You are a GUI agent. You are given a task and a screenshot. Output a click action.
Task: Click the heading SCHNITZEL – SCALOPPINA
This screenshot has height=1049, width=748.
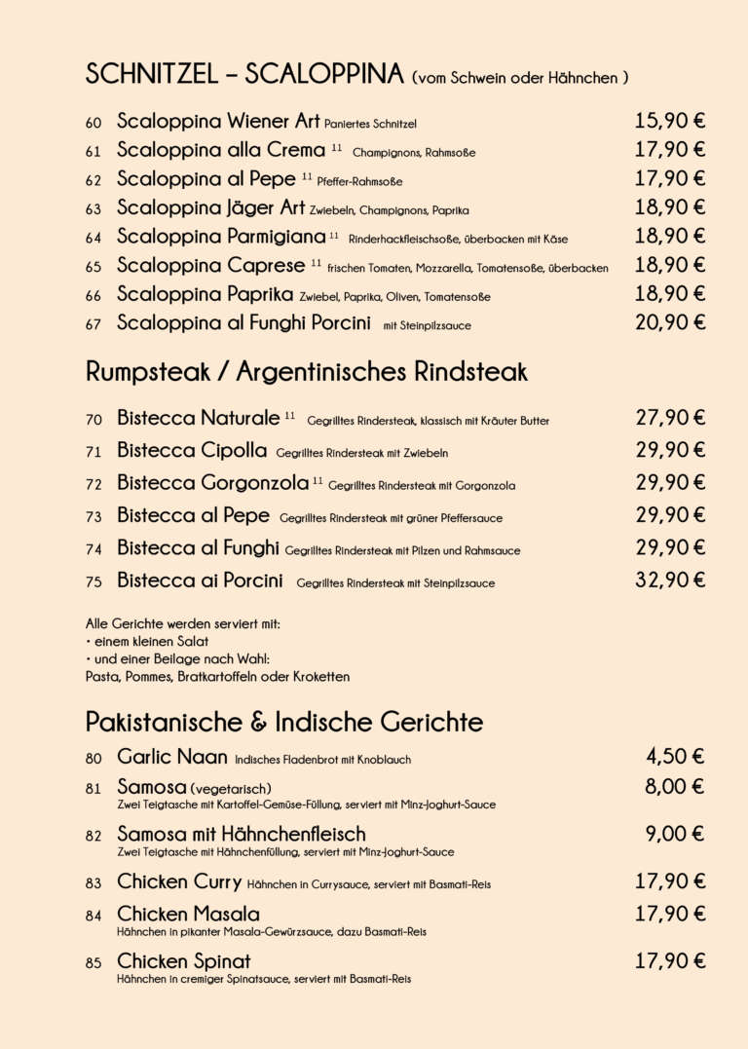pos(244,74)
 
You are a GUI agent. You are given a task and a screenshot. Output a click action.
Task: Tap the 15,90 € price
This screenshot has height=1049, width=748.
pos(669,121)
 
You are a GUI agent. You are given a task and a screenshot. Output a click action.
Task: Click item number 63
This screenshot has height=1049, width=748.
pos(93,209)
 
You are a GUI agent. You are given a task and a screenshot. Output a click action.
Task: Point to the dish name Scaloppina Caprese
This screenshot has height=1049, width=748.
pos(210,265)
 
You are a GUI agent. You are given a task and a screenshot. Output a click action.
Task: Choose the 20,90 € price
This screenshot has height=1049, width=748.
pos(669,322)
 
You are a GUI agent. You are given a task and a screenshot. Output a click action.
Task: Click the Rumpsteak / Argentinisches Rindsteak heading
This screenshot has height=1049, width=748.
pos(307,371)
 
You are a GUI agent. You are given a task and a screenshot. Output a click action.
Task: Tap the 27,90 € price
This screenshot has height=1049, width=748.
pos(669,418)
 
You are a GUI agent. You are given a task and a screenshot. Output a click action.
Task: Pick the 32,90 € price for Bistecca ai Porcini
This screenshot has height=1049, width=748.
pos(669,581)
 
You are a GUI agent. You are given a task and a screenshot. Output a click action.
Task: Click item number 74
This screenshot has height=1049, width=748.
pos(93,550)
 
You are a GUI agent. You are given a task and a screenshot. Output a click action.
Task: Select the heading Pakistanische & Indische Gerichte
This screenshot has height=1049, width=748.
pos(284,722)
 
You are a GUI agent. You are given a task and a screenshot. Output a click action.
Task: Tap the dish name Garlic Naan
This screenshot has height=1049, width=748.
pos(171,757)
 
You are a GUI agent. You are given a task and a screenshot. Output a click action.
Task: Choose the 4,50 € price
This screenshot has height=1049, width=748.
pos(675,757)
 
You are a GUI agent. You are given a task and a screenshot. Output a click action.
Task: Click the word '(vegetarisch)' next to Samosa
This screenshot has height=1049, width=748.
pos(231,788)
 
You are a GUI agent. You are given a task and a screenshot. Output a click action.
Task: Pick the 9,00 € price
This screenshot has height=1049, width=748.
pos(675,834)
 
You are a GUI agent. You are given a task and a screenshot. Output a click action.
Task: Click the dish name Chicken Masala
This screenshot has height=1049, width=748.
pos(188,914)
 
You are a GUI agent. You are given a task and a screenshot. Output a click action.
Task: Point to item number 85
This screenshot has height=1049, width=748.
pos(93,963)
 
